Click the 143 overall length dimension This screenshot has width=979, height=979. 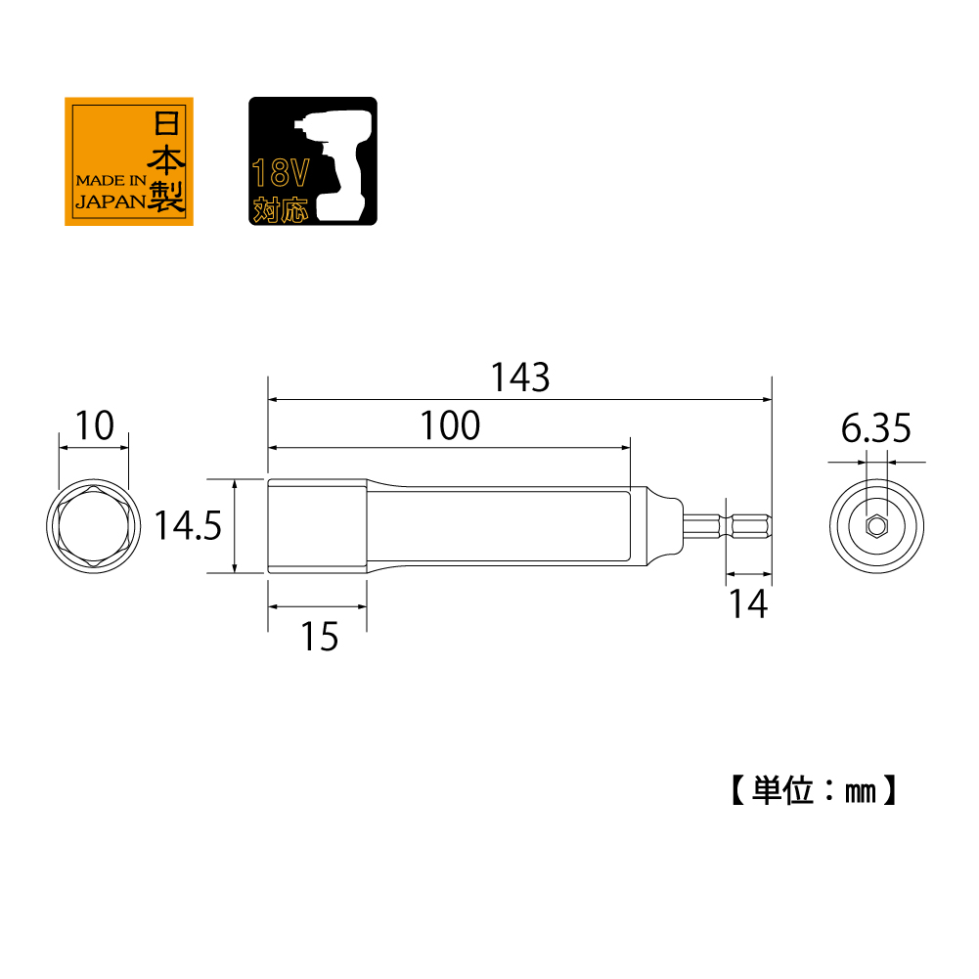tap(520, 378)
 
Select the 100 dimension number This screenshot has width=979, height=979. tap(450, 425)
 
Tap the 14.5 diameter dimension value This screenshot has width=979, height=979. tap(188, 525)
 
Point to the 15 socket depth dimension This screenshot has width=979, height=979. tap(320, 637)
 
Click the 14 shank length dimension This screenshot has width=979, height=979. tap(748, 603)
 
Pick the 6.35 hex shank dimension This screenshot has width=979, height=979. tap(875, 428)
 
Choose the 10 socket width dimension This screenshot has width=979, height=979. tap(94, 425)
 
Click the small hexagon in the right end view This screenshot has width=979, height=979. tap(876, 526)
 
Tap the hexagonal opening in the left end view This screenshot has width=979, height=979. tap(94, 526)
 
